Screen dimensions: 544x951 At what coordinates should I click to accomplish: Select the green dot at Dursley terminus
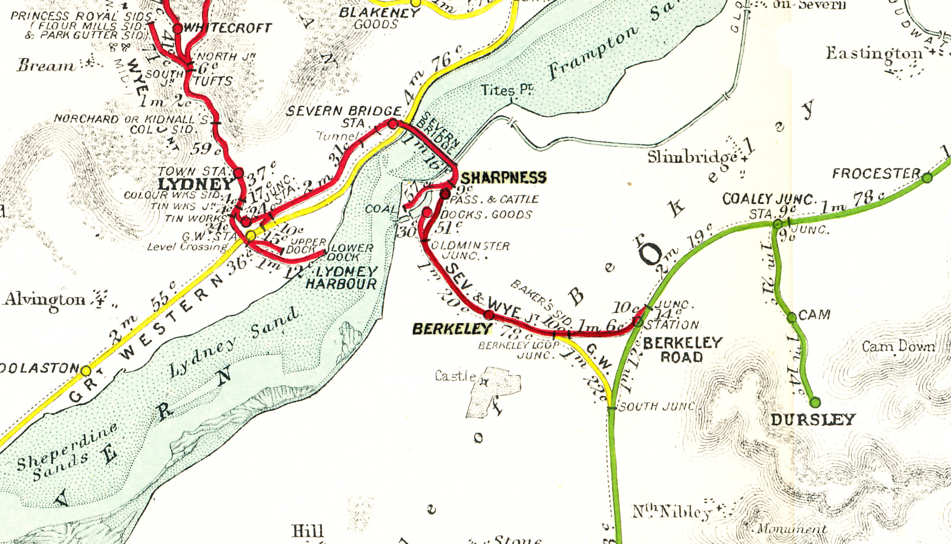[815, 402]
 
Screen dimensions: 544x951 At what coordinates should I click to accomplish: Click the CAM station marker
[792, 317]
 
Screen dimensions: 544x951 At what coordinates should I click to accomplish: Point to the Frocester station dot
[927, 178]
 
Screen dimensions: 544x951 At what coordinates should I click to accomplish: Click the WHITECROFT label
[228, 28]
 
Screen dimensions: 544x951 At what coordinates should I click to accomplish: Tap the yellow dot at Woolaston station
[86, 371]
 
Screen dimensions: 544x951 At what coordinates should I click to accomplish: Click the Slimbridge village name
[692, 157]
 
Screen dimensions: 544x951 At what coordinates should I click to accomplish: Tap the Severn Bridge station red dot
[393, 124]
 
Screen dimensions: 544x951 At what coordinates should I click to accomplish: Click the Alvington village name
[45, 300]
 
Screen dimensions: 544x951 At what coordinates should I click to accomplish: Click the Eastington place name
[874, 54]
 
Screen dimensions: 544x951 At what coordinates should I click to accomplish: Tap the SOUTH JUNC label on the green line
[656, 406]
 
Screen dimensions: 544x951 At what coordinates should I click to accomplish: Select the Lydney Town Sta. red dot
[239, 173]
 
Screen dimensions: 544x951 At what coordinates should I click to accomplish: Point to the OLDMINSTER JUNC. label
[470, 251]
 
